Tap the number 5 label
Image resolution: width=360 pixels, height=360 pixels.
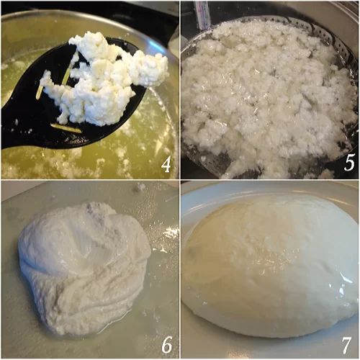point(349,162)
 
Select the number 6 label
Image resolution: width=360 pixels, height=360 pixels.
point(167,345)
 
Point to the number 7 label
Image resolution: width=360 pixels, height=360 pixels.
point(346,345)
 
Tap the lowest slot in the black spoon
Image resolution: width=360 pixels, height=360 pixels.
point(66,128)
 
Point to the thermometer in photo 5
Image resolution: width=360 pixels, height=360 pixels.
point(202,14)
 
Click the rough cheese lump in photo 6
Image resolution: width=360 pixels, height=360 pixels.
point(84,266)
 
